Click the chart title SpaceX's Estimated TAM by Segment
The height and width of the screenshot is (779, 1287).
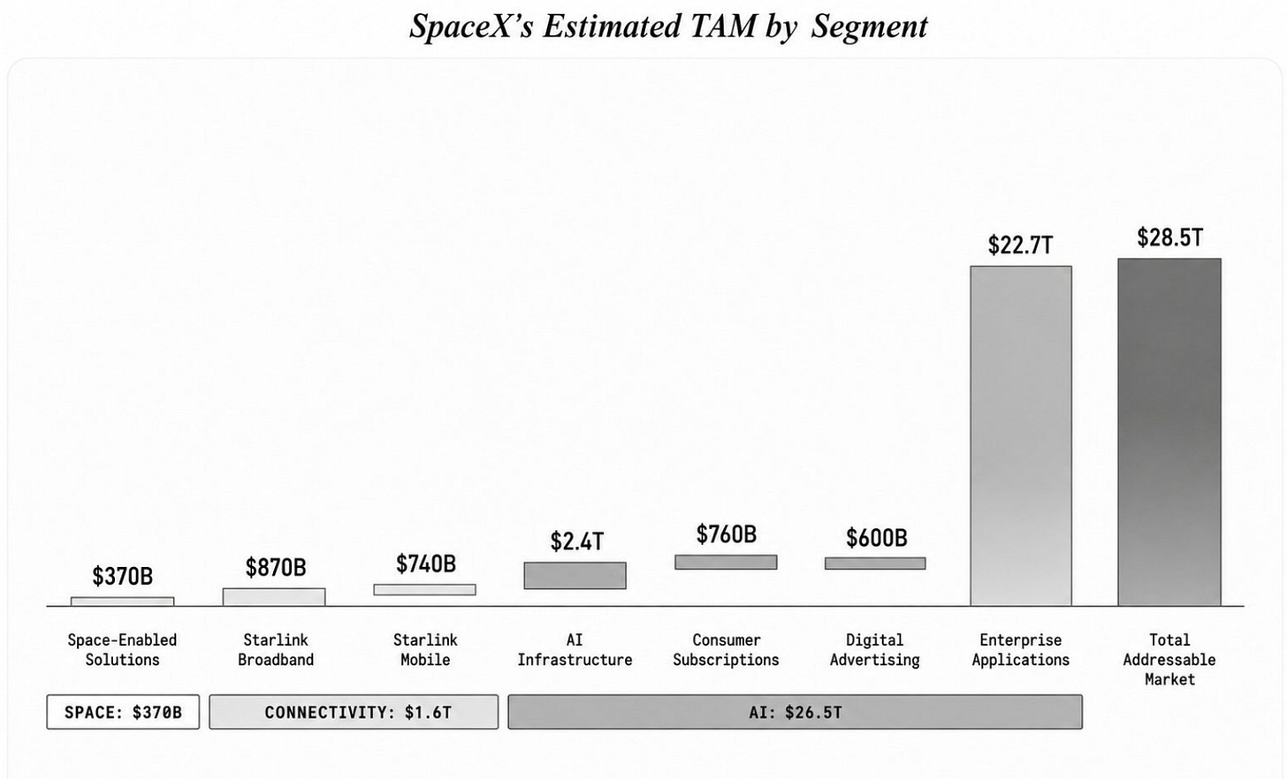point(668,26)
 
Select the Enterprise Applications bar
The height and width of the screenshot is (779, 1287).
point(1021,435)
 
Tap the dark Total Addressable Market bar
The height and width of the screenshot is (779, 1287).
point(1169,432)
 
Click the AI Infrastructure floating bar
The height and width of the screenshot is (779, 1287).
point(575,575)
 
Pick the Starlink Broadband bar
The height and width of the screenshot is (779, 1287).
point(274,597)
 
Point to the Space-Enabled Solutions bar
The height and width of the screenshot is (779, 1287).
point(122,601)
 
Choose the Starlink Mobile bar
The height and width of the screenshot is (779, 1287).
point(424,590)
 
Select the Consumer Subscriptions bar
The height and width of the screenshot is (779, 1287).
point(726,562)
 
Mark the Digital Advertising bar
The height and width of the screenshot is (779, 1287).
point(875,563)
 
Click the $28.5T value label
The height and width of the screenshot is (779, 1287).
point(1169,238)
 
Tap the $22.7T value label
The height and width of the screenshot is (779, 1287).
point(1020,246)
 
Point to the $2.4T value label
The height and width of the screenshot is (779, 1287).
point(577,541)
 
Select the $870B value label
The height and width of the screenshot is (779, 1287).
point(276,567)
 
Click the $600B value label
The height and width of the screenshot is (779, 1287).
point(876,538)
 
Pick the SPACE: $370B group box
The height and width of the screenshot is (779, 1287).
point(123,712)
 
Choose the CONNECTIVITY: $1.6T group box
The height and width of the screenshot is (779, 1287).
point(354,712)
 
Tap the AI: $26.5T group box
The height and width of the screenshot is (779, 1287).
point(796,712)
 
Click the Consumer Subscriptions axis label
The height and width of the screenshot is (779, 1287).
point(727,650)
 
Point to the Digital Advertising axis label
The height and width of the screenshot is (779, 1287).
point(875,650)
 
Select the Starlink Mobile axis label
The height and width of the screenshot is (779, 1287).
point(425,650)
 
